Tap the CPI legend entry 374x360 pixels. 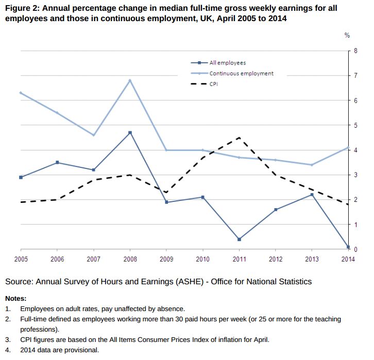point(214,83)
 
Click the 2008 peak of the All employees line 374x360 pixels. point(130,133)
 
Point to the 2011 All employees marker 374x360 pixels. point(239,239)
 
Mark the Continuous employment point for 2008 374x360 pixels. point(130,80)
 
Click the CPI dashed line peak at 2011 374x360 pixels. point(239,138)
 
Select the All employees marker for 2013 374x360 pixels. point(312,195)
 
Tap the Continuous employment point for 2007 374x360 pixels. point(93,135)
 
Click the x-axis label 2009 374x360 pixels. point(166,259)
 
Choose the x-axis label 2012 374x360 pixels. point(276,259)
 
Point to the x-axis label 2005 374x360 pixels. point(21,259)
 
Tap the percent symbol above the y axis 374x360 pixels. point(347,36)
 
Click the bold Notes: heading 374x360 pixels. point(15,298)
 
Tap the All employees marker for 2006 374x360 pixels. point(57,162)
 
